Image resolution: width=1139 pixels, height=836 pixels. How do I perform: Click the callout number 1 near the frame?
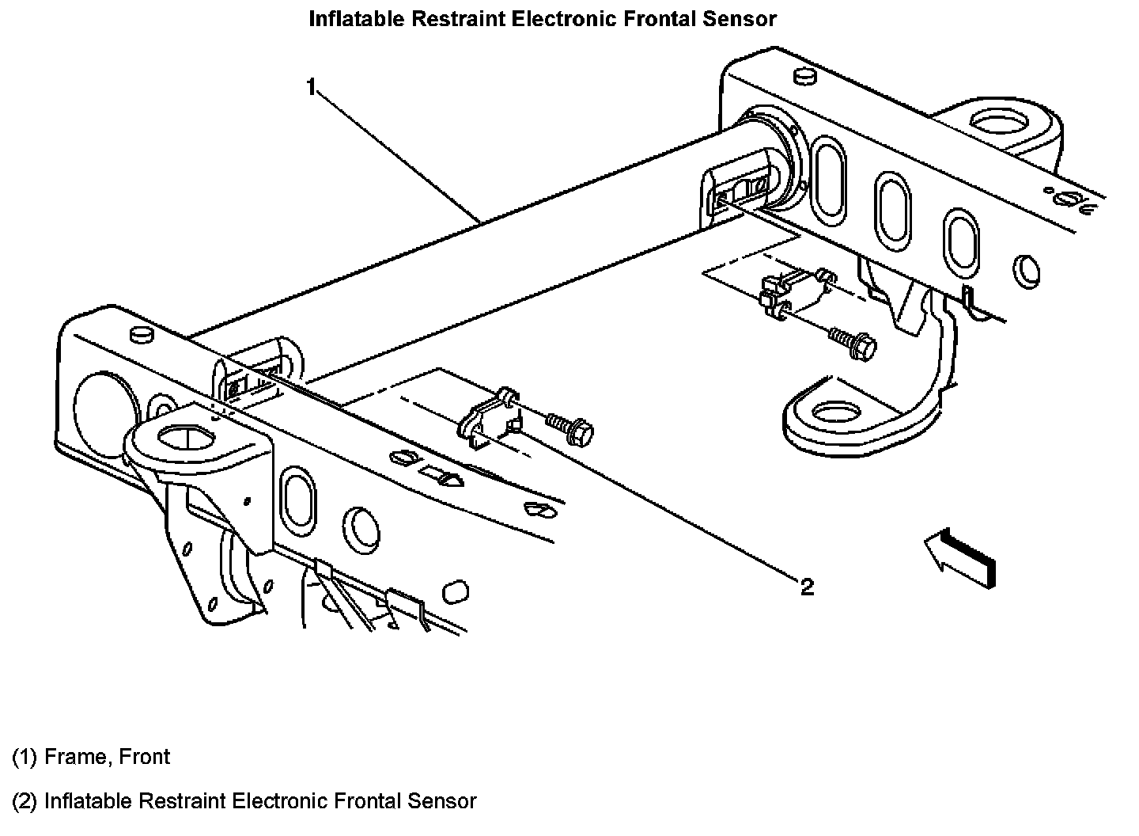312,85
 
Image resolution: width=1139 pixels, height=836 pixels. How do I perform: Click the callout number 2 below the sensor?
806,587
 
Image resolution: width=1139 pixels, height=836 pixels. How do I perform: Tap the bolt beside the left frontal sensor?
572,427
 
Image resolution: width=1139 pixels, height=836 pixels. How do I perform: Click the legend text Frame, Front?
107,757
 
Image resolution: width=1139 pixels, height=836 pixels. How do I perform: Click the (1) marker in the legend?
25,757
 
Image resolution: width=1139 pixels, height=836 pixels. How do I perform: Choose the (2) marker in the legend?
25,800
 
